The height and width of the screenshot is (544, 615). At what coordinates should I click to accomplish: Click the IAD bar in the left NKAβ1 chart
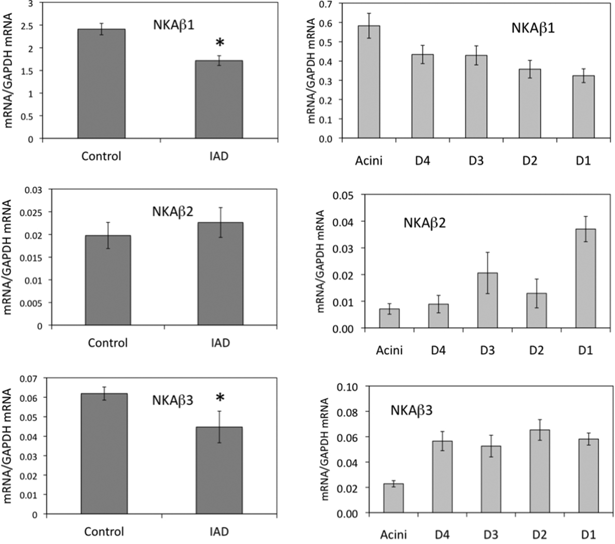point(218,100)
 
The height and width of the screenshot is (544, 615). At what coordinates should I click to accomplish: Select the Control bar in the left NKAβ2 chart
point(107,281)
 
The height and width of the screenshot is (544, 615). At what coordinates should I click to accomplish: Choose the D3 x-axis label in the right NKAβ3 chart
point(488,535)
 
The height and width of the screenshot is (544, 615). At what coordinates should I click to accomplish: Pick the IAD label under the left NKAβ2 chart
point(220,343)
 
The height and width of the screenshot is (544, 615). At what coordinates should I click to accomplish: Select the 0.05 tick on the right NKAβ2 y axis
point(347,195)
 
